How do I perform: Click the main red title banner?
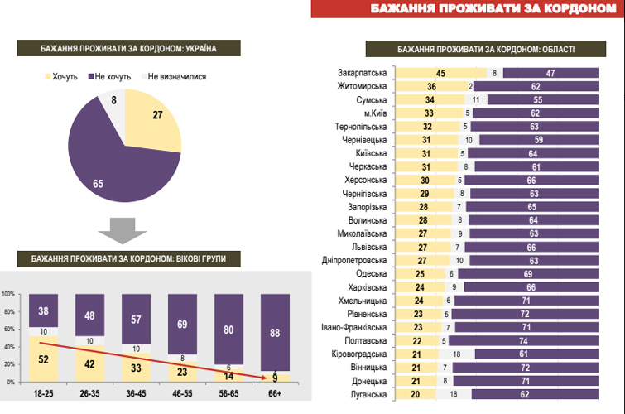pyautogui.click(x=468, y=9)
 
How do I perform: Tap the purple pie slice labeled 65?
pyautogui.click(x=108, y=170)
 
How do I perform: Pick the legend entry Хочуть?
pyautogui.click(x=63, y=77)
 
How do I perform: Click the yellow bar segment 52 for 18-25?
pyautogui.click(x=43, y=359)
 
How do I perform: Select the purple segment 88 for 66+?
pyautogui.click(x=275, y=332)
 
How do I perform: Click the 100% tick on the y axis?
pyautogui.click(x=8, y=294)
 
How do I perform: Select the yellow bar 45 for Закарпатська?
pyautogui.click(x=440, y=73)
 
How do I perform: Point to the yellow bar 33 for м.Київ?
pyautogui.click(x=429, y=113)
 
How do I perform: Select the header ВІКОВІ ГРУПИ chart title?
pyautogui.click(x=127, y=258)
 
